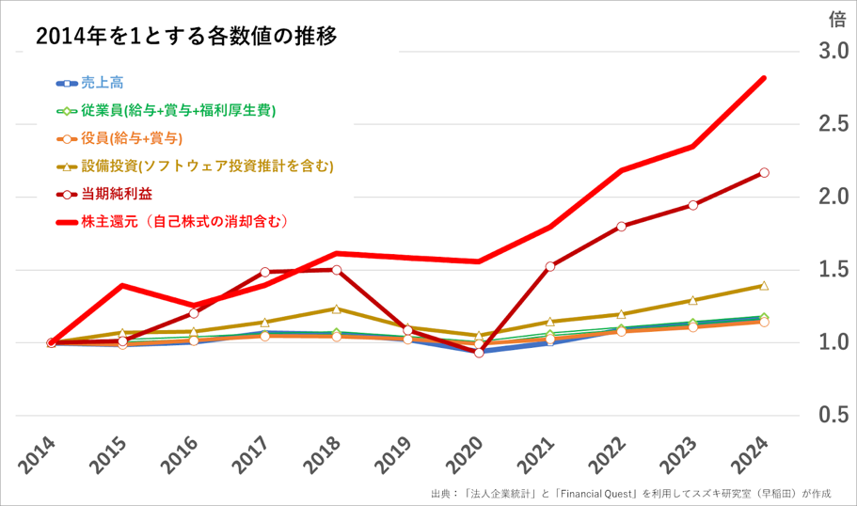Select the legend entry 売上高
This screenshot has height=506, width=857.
coord(102,83)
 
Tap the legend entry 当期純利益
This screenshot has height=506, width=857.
coord(117,194)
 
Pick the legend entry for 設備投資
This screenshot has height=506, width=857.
coord(207,166)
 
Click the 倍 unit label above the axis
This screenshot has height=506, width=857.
coord(836,19)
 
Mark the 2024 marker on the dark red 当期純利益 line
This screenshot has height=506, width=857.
coord(764,173)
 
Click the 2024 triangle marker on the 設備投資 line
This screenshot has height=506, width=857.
coord(764,286)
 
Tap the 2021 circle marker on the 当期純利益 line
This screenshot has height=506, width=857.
coord(550,266)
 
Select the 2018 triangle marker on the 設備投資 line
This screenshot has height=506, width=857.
coord(336,308)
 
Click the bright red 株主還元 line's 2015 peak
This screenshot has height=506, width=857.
coord(122,285)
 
